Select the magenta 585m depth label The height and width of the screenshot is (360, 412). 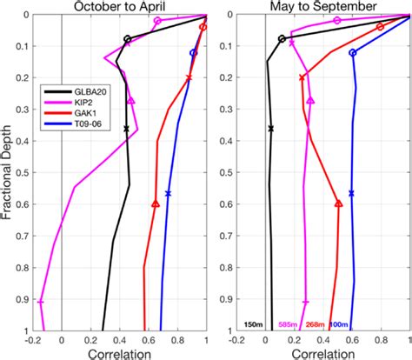(x=288, y=325)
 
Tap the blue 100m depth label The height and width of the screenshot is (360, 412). (x=340, y=325)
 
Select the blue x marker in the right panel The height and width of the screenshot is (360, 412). (x=351, y=193)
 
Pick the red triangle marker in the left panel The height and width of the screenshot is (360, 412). (x=156, y=203)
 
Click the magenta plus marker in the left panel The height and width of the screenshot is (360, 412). (x=41, y=302)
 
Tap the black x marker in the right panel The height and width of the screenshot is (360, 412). (x=270, y=129)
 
